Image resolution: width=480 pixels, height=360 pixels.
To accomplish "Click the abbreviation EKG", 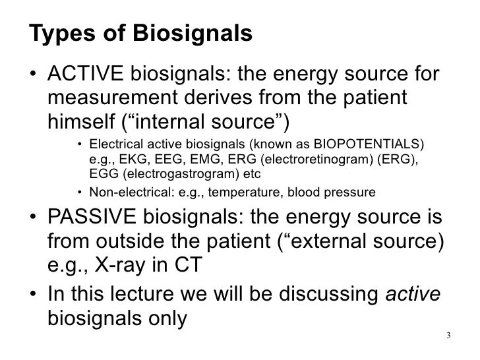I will point(131,159).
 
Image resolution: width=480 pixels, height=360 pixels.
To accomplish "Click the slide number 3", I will point(448,335).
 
